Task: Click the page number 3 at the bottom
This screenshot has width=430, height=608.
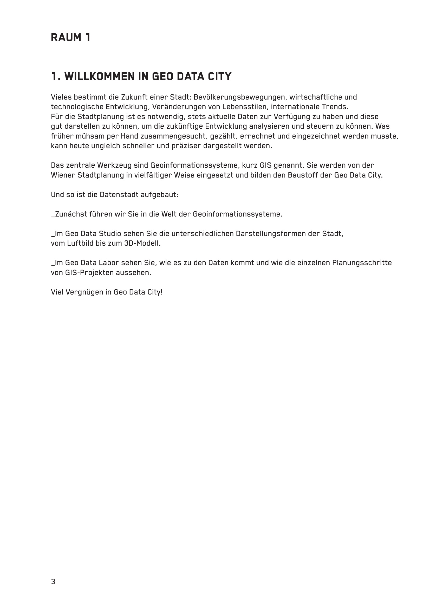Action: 53,582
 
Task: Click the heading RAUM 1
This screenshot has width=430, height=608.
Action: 71,38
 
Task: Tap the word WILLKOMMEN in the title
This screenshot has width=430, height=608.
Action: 100,76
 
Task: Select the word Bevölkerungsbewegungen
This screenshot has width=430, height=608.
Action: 240,97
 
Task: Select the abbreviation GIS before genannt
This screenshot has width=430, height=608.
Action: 266,166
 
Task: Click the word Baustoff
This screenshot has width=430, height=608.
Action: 303,175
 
